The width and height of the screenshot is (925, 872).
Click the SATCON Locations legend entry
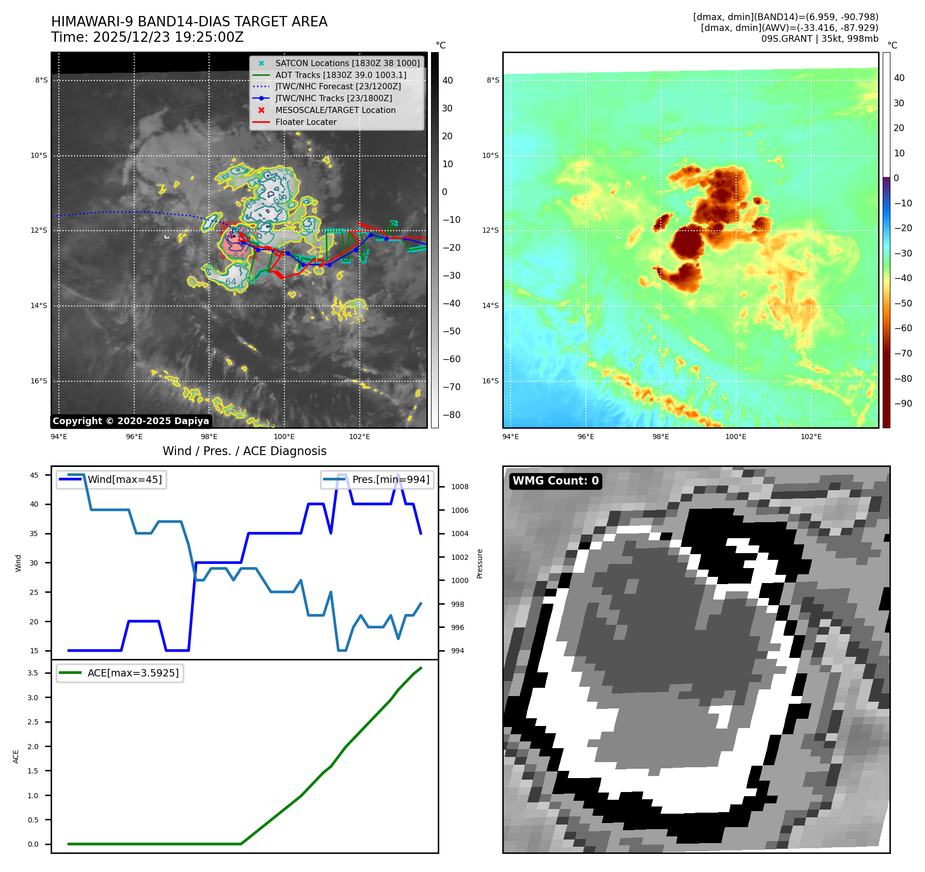[347, 63]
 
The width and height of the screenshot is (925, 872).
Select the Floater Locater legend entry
[306, 122]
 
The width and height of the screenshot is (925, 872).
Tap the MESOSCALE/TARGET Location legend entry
[335, 110]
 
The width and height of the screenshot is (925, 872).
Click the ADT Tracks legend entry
[341, 75]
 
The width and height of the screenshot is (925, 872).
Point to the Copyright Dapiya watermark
[131, 421]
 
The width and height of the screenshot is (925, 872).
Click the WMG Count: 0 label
[555, 481]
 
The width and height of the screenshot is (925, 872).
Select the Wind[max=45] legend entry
[124, 479]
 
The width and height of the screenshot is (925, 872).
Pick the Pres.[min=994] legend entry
[390, 479]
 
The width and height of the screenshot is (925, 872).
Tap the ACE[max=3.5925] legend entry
[133, 673]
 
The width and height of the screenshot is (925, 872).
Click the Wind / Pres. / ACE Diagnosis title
[244, 451]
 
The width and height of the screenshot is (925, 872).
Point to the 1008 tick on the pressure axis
[459, 487]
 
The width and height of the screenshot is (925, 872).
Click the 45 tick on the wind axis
[34, 475]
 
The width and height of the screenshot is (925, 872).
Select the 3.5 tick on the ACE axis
[33, 673]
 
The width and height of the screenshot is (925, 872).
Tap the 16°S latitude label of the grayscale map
[39, 381]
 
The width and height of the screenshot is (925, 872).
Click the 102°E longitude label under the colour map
[811, 437]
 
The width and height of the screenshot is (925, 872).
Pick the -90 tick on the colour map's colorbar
[903, 403]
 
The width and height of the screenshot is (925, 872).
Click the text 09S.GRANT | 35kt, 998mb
[819, 39]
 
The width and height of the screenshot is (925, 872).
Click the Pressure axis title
[480, 563]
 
